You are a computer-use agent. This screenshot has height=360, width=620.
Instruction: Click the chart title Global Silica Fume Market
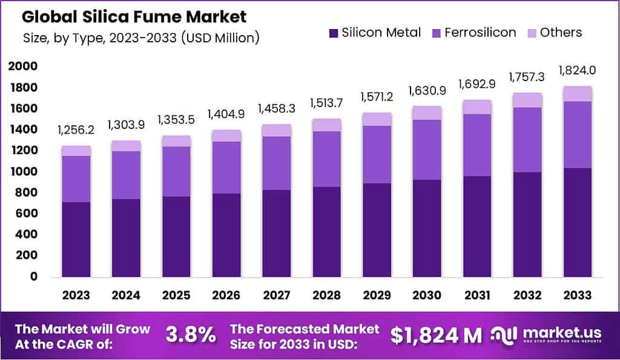pos(134,16)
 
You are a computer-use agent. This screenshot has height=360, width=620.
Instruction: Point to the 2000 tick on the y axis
pos(23,66)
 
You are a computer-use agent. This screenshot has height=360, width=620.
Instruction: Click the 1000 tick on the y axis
pos(23,171)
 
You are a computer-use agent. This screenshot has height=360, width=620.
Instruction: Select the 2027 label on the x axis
pos(275,295)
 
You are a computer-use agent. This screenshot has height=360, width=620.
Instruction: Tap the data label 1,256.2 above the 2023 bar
pos(76,129)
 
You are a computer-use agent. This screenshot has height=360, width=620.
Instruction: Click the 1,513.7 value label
pos(326,102)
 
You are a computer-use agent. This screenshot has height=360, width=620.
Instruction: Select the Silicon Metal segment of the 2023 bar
pos(76,239)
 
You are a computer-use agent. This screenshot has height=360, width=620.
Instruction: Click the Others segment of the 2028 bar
pos(326,125)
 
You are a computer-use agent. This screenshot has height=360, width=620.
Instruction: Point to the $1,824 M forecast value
pos(436,334)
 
